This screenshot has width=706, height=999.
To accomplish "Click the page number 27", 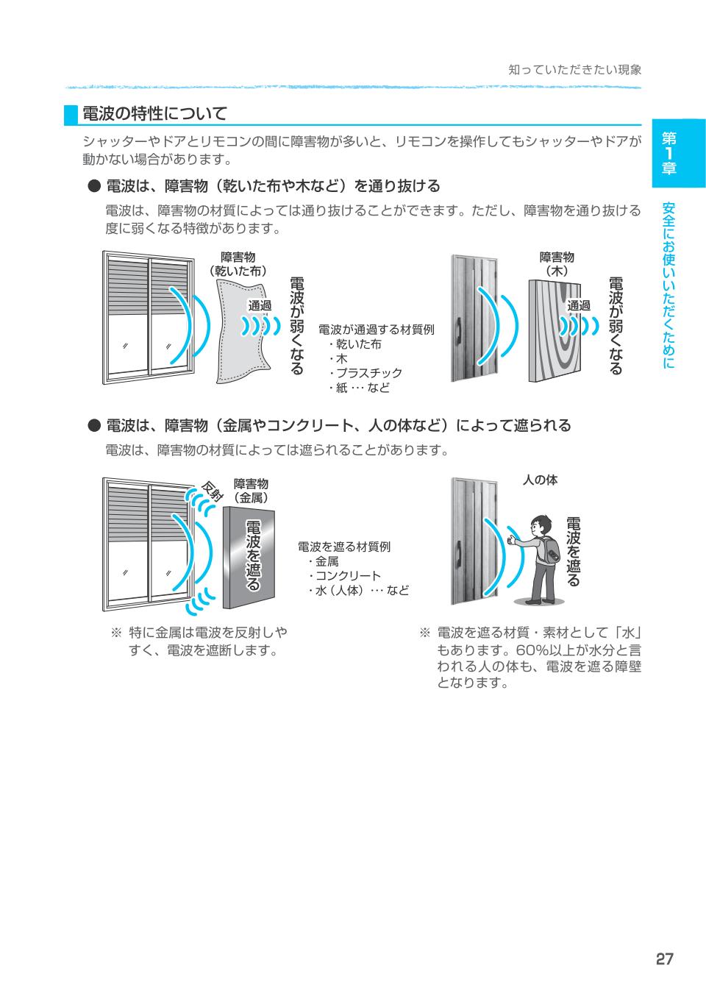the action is click(x=664, y=959).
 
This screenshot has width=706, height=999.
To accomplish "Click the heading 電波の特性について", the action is click(x=154, y=114).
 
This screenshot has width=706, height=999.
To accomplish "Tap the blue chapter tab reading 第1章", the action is click(x=679, y=153).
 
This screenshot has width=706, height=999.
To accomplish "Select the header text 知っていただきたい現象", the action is click(x=574, y=70).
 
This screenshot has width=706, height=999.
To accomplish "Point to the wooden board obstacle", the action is click(x=555, y=331).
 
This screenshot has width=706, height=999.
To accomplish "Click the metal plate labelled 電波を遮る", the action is click(x=249, y=558).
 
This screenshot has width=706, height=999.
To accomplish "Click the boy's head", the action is click(x=541, y=525).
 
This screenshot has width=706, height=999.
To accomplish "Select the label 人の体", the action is click(x=540, y=480).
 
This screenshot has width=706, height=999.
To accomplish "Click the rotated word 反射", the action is click(x=212, y=491).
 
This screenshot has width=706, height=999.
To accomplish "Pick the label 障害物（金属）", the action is click(x=251, y=491).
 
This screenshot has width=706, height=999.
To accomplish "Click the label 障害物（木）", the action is click(x=557, y=263).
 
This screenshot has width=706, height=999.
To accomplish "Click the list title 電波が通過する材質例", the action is click(x=377, y=330).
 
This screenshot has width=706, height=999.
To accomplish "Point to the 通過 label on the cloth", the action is click(x=260, y=305).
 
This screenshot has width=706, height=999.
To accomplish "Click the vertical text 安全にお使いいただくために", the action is click(x=668, y=285).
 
